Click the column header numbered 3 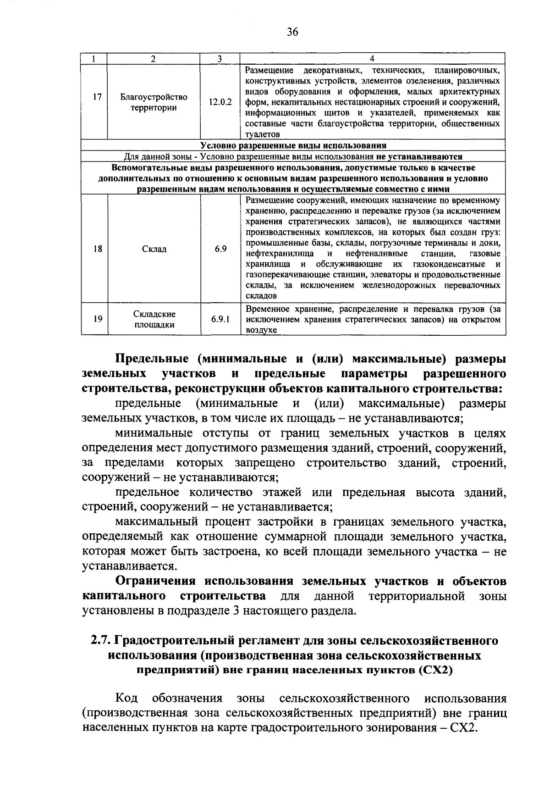(x=220, y=59)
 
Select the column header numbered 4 (x=372, y=59)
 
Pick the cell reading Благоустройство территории (x=154, y=103)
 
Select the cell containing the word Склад (x=154, y=249)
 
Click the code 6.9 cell (x=220, y=249)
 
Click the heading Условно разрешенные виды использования (x=293, y=146)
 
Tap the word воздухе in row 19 (x=261, y=330)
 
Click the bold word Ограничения (x=155, y=582)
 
